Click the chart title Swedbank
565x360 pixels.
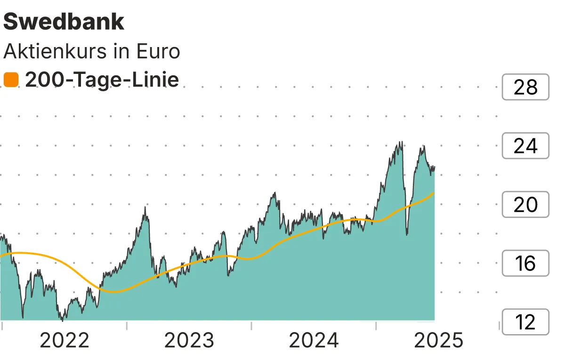(x=64, y=22)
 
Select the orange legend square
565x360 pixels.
(x=11, y=80)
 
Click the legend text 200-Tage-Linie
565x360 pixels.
(x=102, y=80)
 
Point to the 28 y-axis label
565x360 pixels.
(x=525, y=88)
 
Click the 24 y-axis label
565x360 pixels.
(x=525, y=146)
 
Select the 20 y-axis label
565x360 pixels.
(x=525, y=205)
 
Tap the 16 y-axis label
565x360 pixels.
(x=525, y=264)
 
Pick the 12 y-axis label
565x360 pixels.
(x=525, y=322)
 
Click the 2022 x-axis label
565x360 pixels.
(x=65, y=340)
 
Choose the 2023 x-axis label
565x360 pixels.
(x=189, y=340)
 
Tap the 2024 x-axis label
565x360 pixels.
(x=314, y=340)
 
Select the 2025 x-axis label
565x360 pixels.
(x=438, y=340)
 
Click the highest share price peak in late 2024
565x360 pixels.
(x=401, y=142)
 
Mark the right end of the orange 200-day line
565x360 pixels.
(x=433, y=193)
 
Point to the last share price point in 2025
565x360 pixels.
(x=434, y=167)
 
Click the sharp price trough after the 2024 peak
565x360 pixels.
(x=407, y=234)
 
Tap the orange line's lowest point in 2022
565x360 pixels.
(x=114, y=292)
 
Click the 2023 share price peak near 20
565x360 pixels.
(x=145, y=207)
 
